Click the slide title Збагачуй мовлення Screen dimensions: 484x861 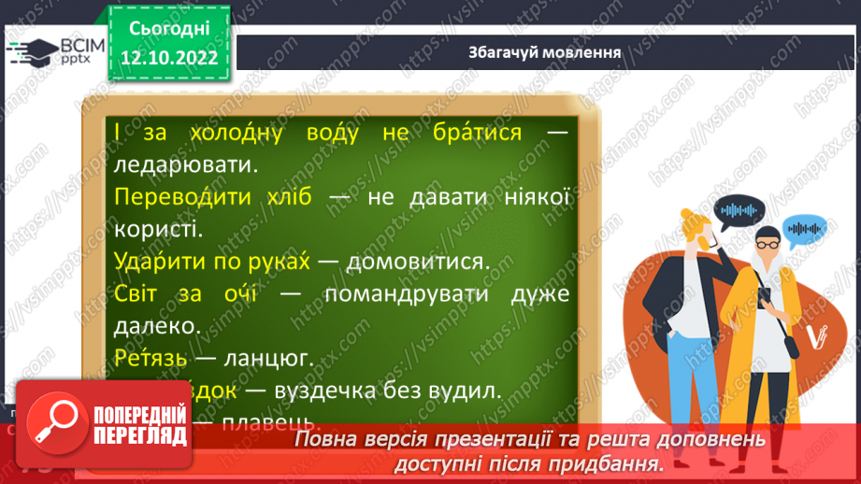tap(545, 51)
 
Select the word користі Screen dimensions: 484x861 tap(153, 229)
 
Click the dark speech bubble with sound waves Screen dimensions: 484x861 tap(742, 210)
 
